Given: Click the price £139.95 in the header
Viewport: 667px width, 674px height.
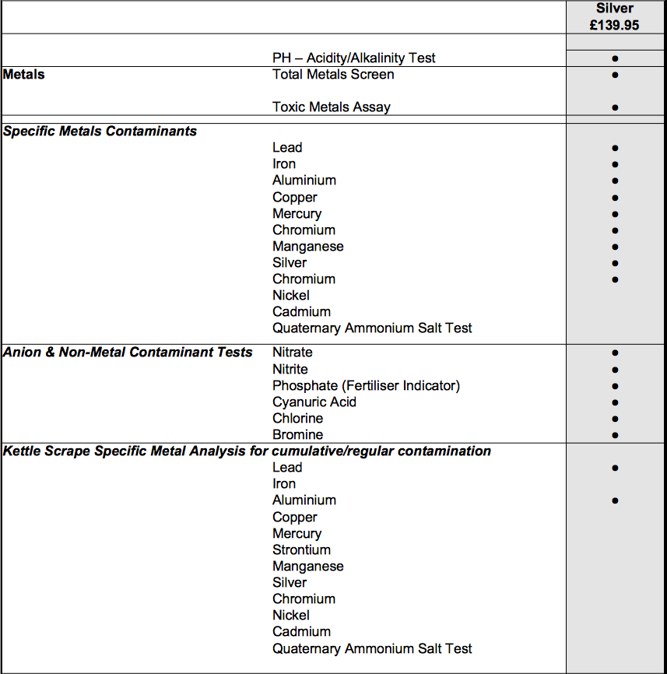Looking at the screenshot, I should (x=615, y=25).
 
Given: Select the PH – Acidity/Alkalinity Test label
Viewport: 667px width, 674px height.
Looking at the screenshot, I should (x=353, y=58).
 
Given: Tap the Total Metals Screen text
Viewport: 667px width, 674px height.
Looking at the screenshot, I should (x=333, y=75).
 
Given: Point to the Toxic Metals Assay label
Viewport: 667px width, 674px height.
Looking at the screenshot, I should (x=332, y=107).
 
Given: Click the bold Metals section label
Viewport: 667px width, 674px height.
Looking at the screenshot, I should (x=24, y=75).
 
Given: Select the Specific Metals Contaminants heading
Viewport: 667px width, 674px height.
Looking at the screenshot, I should (x=100, y=132).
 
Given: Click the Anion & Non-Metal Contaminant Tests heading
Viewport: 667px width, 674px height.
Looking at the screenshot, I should (x=128, y=353).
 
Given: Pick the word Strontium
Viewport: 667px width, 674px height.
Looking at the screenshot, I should (x=301, y=550).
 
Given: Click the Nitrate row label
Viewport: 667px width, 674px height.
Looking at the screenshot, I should (x=293, y=353).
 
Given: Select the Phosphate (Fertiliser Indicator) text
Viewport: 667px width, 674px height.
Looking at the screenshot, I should (x=366, y=386).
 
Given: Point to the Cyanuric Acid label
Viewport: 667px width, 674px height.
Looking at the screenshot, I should (x=314, y=402).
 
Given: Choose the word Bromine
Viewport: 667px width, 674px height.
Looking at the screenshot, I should (x=297, y=435).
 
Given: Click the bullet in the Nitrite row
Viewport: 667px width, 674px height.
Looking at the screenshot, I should (x=615, y=370).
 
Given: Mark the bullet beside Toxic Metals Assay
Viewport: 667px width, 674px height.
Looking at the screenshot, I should (x=615, y=107).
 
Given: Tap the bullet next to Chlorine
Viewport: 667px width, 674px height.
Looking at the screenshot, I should (x=615, y=419).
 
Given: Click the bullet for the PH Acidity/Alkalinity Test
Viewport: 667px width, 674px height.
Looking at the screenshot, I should (x=615, y=58).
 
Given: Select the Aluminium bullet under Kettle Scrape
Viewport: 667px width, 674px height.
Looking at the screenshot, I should (x=615, y=500).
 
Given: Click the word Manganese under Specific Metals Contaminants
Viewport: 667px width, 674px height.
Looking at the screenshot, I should (x=307, y=247).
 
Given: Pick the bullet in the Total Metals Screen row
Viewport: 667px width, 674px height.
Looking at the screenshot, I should (x=615, y=75).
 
